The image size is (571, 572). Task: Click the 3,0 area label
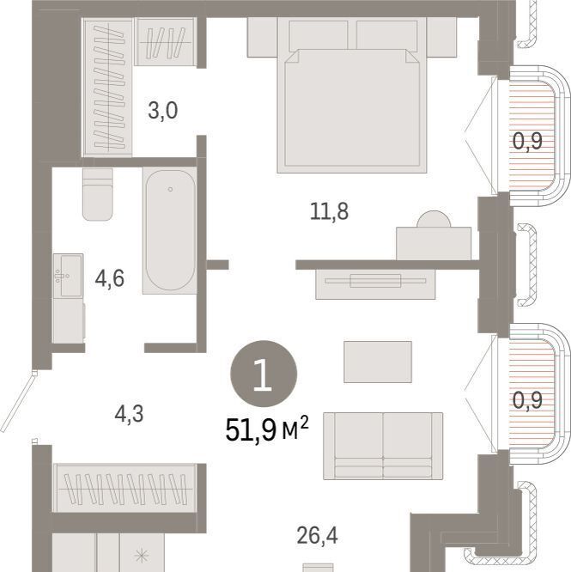tap(163, 111)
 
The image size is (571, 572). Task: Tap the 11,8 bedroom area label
tap(329, 211)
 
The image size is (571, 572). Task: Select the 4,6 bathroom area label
tap(109, 278)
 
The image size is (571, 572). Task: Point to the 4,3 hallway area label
tap(129, 415)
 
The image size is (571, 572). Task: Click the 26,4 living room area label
tap(317, 536)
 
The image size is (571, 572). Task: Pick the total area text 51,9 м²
tap(267, 429)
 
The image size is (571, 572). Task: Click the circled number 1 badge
tap(264, 374)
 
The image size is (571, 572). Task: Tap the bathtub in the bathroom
tap(170, 230)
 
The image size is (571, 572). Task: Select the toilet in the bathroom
tap(97, 194)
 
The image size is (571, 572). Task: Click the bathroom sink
tap(68, 276)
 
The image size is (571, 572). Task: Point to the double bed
tap(352, 94)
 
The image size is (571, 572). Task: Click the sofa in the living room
tap(383, 446)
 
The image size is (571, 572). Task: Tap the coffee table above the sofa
tap(378, 362)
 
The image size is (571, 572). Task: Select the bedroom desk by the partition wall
tap(434, 243)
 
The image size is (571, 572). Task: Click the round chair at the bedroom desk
tap(434, 220)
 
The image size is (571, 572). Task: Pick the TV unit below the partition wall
tap(375, 284)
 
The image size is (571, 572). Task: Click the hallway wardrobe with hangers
tap(125, 488)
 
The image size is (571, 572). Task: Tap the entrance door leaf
tap(17, 402)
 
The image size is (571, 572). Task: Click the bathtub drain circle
tap(170, 189)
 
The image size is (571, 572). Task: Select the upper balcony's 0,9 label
tap(527, 141)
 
